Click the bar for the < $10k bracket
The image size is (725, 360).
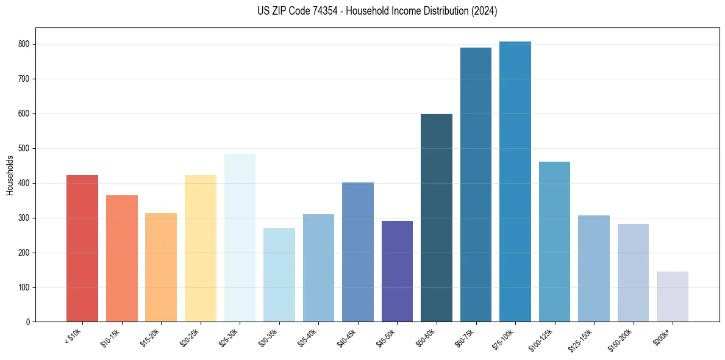pos(82,248)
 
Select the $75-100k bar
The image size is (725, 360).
pos(515,182)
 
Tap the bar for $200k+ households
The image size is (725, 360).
pos(673,297)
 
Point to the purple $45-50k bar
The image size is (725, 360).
pos(397,272)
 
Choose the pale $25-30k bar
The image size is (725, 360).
pos(240,238)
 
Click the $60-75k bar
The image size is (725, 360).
pos(476,185)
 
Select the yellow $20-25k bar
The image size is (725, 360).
pos(200,248)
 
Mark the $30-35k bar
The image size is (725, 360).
pos(279,275)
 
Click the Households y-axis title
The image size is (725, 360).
pos(10,175)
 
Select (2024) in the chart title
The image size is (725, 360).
pos(485,11)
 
